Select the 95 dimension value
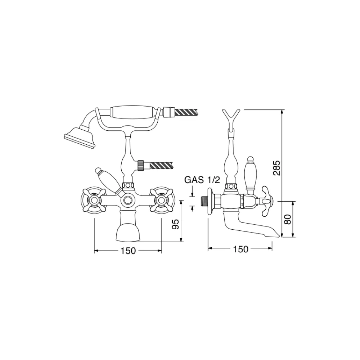pyautogui.click(x=176, y=224)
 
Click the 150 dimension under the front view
pyautogui.click(x=128, y=251)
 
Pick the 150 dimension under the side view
pyautogui.click(x=240, y=249)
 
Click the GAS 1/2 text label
pyautogui.click(x=202, y=180)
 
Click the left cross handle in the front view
pyautogui.click(x=94, y=200)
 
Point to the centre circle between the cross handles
pyautogui.click(x=128, y=200)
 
